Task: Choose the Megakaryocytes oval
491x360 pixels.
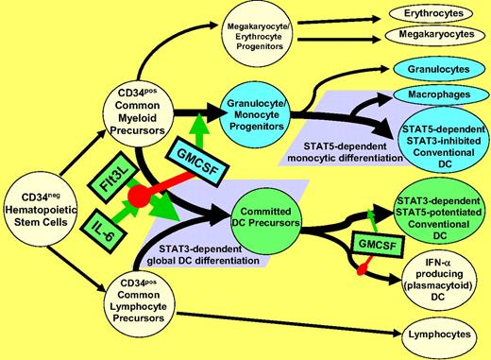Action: [425, 37]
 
